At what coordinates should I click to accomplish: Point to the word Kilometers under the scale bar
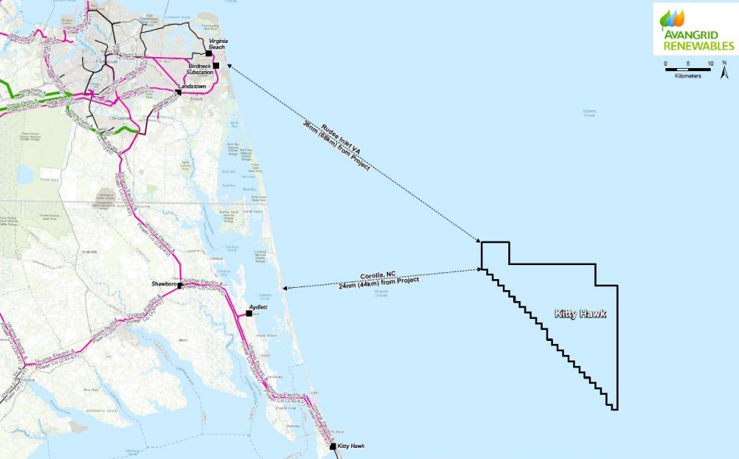coord(688,77)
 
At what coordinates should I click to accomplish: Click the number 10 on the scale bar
coord(710,63)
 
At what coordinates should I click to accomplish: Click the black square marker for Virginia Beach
coord(209,53)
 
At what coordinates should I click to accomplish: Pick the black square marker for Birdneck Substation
coord(217,66)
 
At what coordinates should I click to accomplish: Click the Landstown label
coord(192,85)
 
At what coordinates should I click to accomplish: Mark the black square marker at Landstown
coord(179,92)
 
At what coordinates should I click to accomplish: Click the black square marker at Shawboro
coord(180,285)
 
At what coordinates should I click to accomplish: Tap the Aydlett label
coord(258,307)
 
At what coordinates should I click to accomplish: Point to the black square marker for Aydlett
coord(249,314)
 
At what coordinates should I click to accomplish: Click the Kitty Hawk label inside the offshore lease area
coord(580,314)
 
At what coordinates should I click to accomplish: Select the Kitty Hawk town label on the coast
coord(351,446)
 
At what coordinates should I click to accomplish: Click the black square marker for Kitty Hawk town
coord(332,446)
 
